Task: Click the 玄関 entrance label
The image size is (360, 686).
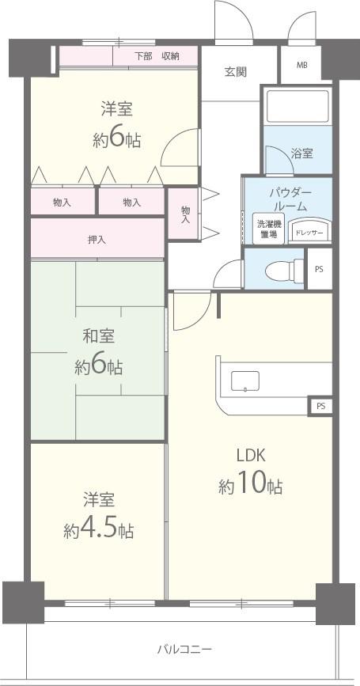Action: click(x=236, y=72)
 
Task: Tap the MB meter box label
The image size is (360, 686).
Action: click(x=302, y=66)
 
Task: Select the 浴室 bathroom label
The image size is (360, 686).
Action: click(x=301, y=153)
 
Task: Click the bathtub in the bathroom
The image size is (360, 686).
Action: click(x=297, y=106)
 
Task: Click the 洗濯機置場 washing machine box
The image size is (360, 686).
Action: click(x=268, y=228)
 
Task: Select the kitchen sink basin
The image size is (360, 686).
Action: click(x=245, y=381)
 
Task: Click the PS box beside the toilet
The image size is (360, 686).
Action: click(x=320, y=269)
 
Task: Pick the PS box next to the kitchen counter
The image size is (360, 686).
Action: click(x=320, y=407)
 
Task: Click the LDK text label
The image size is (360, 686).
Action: click(x=251, y=457)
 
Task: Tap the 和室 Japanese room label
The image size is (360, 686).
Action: click(x=99, y=336)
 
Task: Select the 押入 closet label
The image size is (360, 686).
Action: click(x=97, y=240)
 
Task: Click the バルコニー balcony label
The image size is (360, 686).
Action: click(x=184, y=649)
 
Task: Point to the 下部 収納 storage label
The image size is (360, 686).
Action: click(x=157, y=56)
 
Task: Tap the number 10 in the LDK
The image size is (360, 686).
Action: click(x=251, y=484)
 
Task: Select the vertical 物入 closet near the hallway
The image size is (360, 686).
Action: click(x=184, y=214)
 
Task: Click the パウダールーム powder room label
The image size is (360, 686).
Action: click(x=290, y=199)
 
